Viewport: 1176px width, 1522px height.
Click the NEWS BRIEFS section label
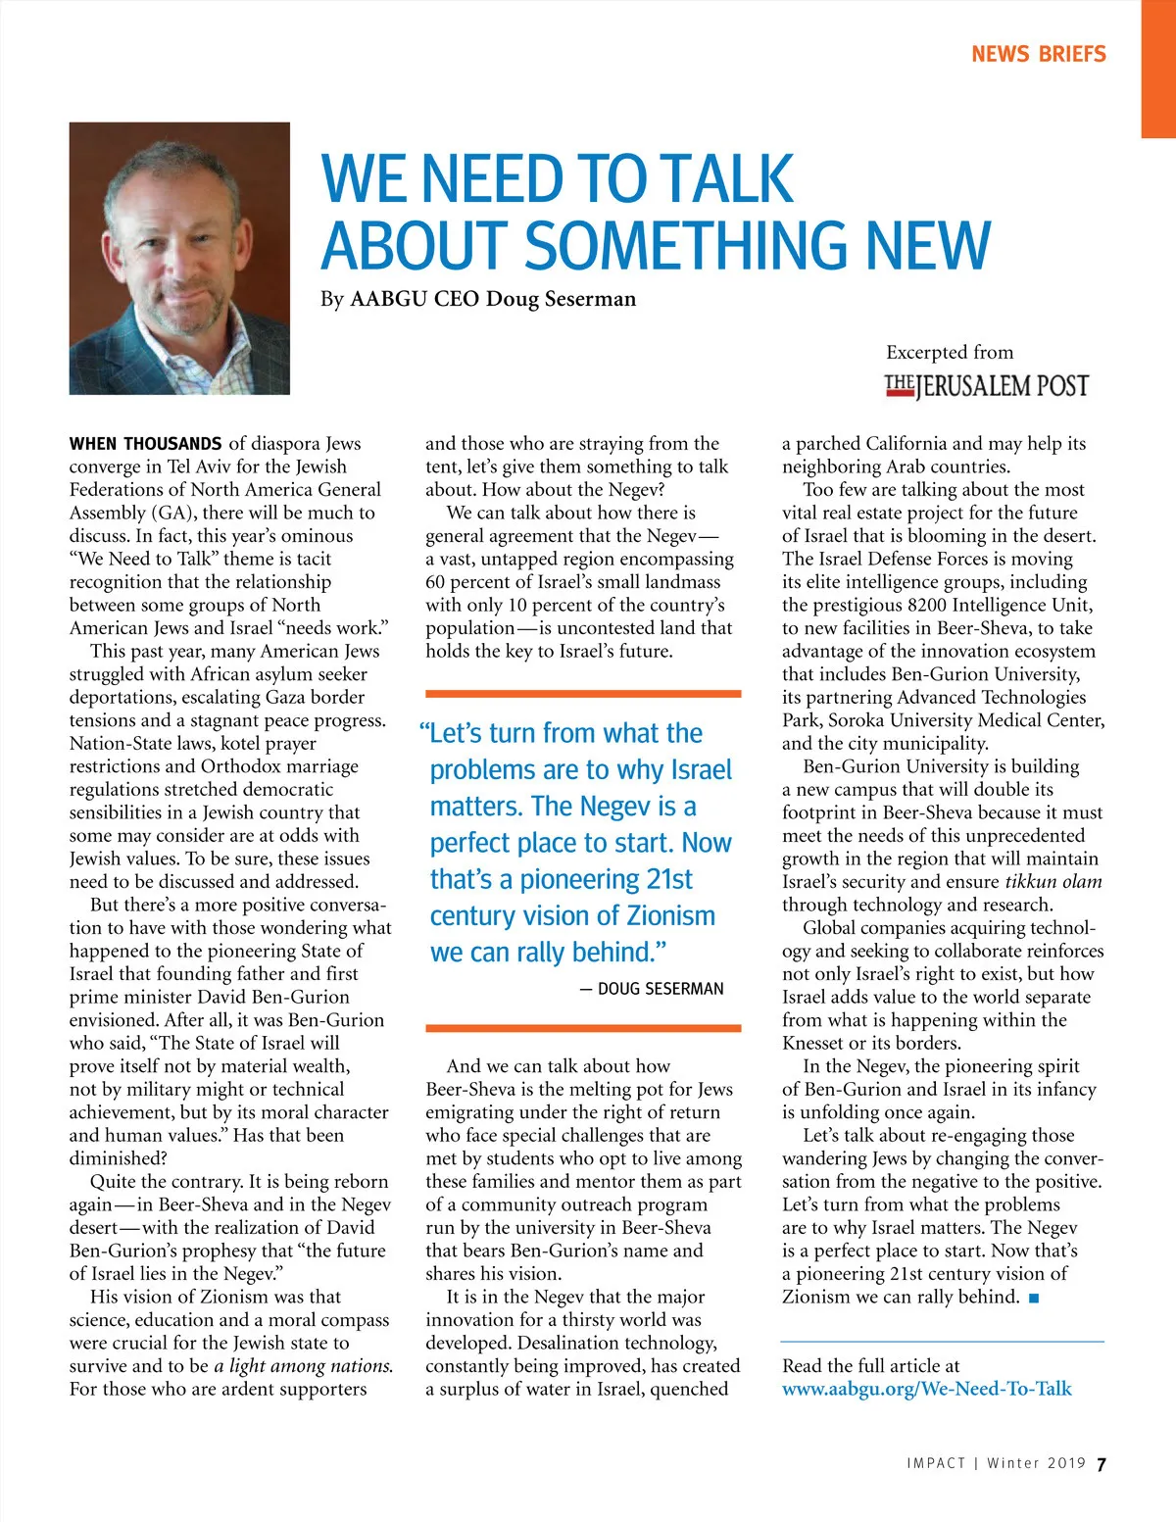tap(1038, 55)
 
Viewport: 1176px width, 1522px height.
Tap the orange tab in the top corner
tap(1158, 69)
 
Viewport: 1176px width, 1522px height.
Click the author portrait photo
tap(179, 259)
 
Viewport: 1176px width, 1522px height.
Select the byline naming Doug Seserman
tap(478, 299)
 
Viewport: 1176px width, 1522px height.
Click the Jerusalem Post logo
tap(986, 386)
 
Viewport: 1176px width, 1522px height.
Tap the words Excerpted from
tap(950, 353)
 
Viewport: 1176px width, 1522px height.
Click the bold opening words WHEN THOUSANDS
tap(145, 444)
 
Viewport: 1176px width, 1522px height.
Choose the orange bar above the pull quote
tap(583, 694)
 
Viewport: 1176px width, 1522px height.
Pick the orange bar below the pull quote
tap(583, 1028)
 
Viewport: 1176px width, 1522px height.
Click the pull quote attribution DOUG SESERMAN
tap(660, 989)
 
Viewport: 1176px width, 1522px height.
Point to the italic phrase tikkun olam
tap(1053, 882)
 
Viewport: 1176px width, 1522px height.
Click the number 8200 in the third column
tap(942, 605)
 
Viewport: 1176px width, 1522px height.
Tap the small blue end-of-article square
tap(1035, 1299)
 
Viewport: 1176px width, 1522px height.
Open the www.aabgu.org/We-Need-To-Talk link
tap(926, 1389)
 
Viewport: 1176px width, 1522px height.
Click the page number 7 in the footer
tap(1102, 1464)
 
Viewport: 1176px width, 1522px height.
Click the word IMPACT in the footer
tap(936, 1463)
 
